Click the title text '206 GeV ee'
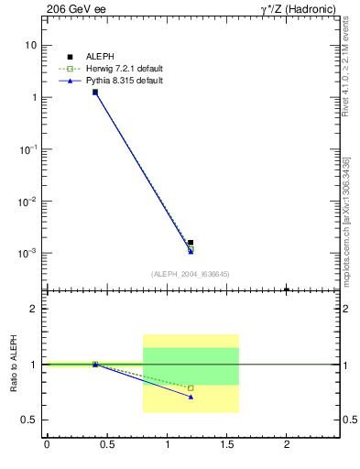tap(72, 11)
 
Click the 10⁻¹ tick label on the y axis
tap(29, 149)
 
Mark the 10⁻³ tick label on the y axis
tap(29, 253)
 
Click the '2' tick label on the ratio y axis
tap(34, 309)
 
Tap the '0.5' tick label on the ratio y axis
tap(30, 420)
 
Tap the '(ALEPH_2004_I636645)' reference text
tap(190, 274)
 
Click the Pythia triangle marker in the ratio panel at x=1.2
tap(191, 397)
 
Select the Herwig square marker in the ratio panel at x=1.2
tap(191, 388)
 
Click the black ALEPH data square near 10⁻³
tap(191, 243)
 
